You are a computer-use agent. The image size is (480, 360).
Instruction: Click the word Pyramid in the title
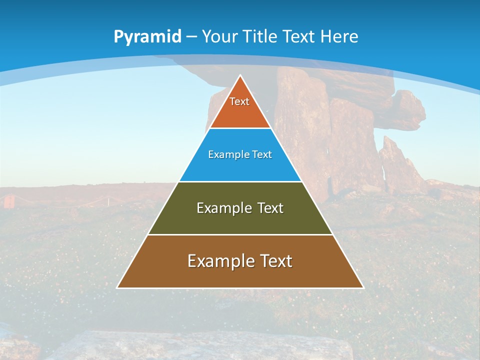[147, 37]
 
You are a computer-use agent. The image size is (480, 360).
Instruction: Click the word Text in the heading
[299, 36]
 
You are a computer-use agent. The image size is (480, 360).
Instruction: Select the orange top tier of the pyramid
[240, 112]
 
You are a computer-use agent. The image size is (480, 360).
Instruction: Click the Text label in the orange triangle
[239, 101]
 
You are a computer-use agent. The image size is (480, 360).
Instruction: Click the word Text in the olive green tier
[270, 208]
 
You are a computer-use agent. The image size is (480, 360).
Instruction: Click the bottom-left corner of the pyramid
[118, 287]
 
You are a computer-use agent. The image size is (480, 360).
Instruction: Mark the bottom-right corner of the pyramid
[362, 287]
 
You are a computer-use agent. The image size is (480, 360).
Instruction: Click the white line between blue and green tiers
[240, 181]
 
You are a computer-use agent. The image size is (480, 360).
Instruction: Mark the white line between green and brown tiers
[240, 234]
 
